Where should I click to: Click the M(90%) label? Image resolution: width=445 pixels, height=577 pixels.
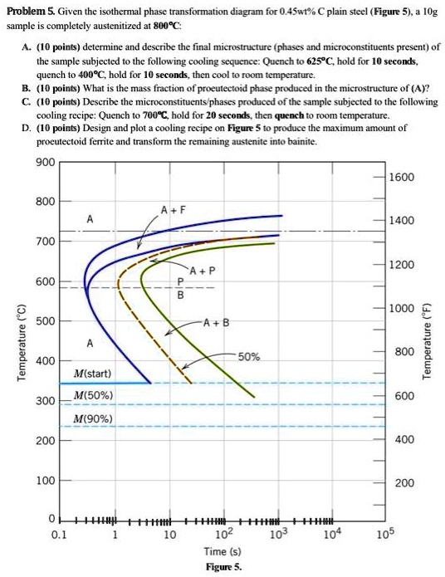93,418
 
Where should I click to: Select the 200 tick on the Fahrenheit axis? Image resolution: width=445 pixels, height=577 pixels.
402,483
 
